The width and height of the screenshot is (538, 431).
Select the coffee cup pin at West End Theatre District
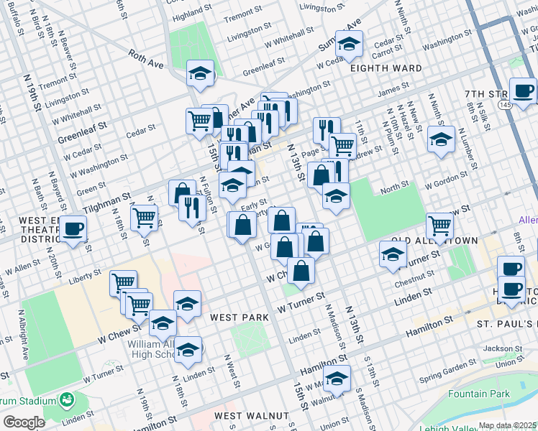click(73, 231)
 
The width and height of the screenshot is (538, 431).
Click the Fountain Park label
click(478, 394)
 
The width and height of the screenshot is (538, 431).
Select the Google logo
click(24, 422)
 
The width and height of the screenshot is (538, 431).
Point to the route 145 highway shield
click(504, 105)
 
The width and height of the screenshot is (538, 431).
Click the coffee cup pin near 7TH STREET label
click(523, 91)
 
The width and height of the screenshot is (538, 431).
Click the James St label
click(393, 90)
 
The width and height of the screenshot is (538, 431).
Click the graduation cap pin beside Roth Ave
click(201, 74)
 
